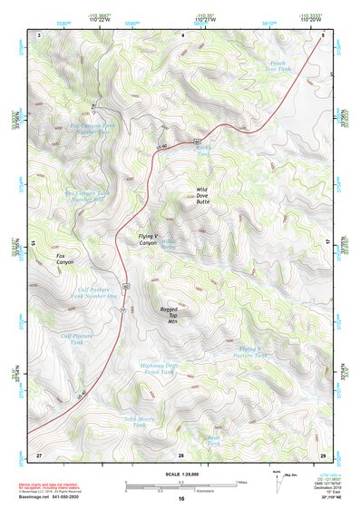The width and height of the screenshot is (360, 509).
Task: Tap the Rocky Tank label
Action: (x=202, y=152)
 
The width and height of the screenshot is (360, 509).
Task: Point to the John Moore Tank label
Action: (x=140, y=421)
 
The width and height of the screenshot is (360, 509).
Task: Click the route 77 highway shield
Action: (x=122, y=309)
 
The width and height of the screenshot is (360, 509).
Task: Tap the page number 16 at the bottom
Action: (x=181, y=499)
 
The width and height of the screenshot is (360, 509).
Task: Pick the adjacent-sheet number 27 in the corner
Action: (x=39, y=453)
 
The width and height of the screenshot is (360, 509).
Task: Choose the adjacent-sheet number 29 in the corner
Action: (x=323, y=453)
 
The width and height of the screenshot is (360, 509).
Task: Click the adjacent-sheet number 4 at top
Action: (x=181, y=34)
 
